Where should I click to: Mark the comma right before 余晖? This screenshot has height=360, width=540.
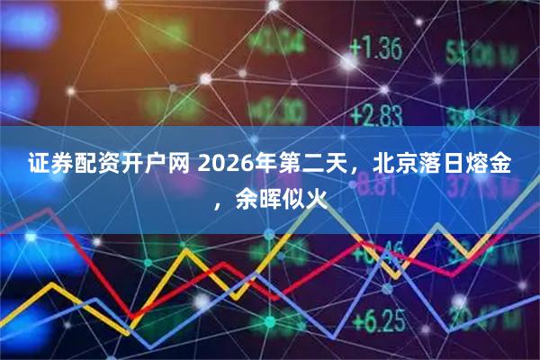click(221, 200)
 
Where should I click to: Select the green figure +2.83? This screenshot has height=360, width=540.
click(375, 114)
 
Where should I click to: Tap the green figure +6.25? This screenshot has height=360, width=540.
click(377, 319)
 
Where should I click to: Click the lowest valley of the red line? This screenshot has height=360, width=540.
click(130, 316)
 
